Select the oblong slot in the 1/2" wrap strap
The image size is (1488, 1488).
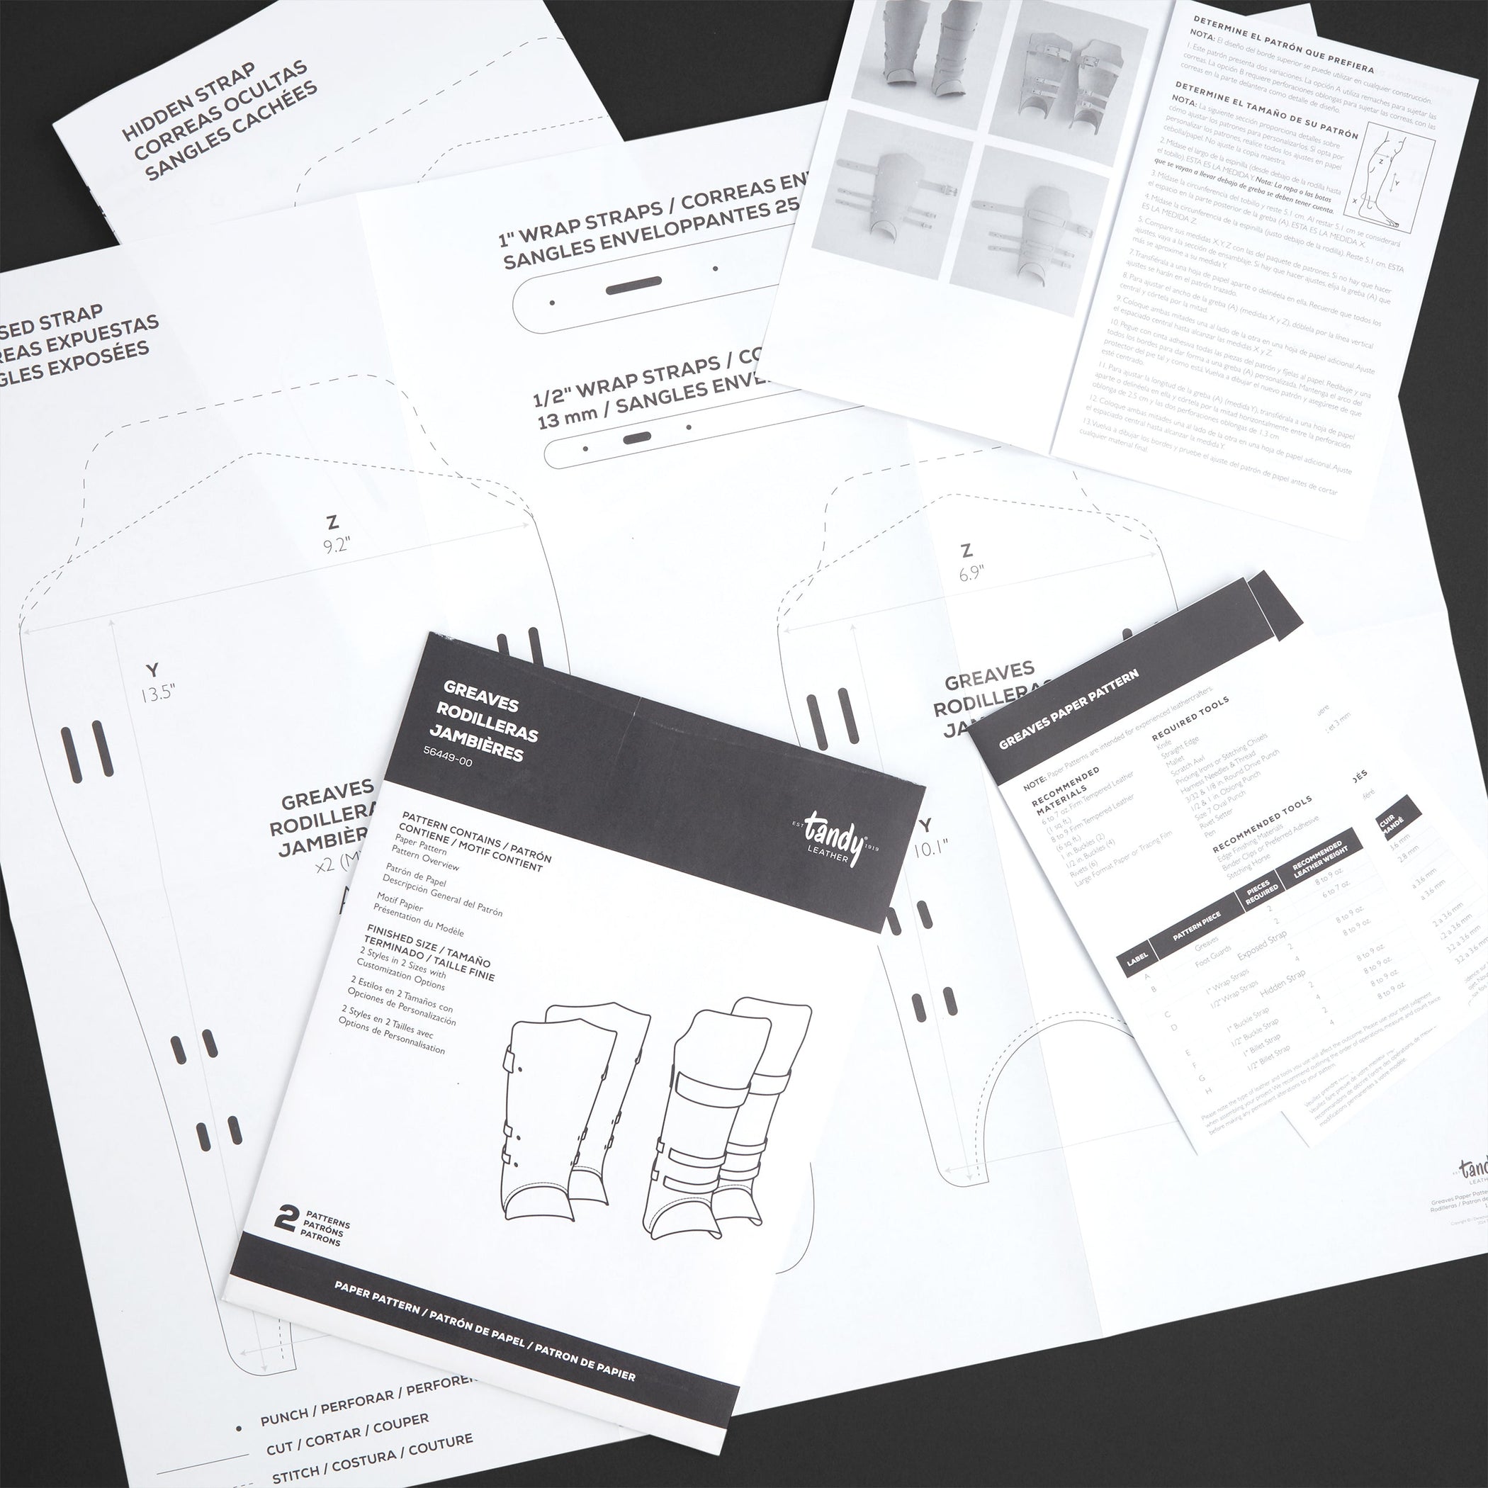[636, 436]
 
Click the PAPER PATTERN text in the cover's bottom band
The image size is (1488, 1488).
[378, 1308]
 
